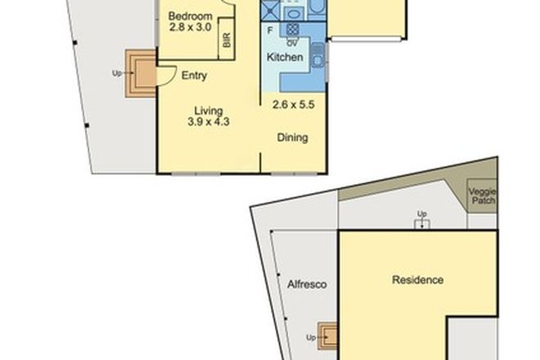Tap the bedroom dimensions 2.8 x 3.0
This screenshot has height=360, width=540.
tap(190, 28)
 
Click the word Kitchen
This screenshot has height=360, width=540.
tap(285, 57)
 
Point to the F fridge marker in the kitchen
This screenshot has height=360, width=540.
tap(270, 30)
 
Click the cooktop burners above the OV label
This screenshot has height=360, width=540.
tap(290, 29)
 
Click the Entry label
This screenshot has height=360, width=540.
tap(193, 76)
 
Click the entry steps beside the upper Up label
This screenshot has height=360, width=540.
tap(138, 73)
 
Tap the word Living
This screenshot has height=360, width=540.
tap(209, 110)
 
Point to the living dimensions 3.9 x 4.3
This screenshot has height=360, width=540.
tap(209, 123)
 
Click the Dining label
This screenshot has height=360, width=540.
tap(292, 137)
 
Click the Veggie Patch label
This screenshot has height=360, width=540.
tap(482, 196)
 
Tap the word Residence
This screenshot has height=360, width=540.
tap(418, 280)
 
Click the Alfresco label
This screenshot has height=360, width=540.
tap(308, 285)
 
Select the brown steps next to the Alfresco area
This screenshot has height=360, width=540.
tap(330, 335)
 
